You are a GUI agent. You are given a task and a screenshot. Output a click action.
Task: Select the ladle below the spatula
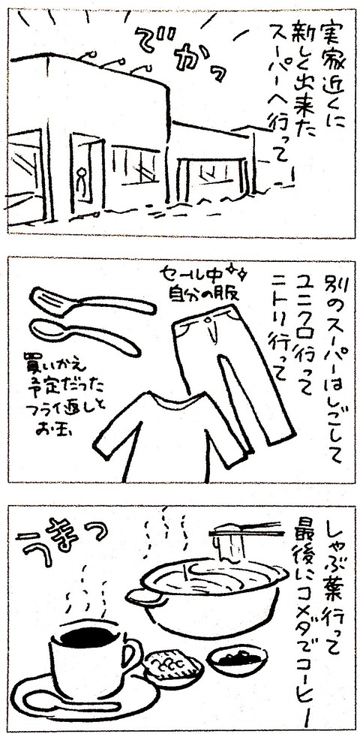pyautogui.click(x=84, y=335)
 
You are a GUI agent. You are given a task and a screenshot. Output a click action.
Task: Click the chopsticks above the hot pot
pyautogui.click(x=247, y=531)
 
